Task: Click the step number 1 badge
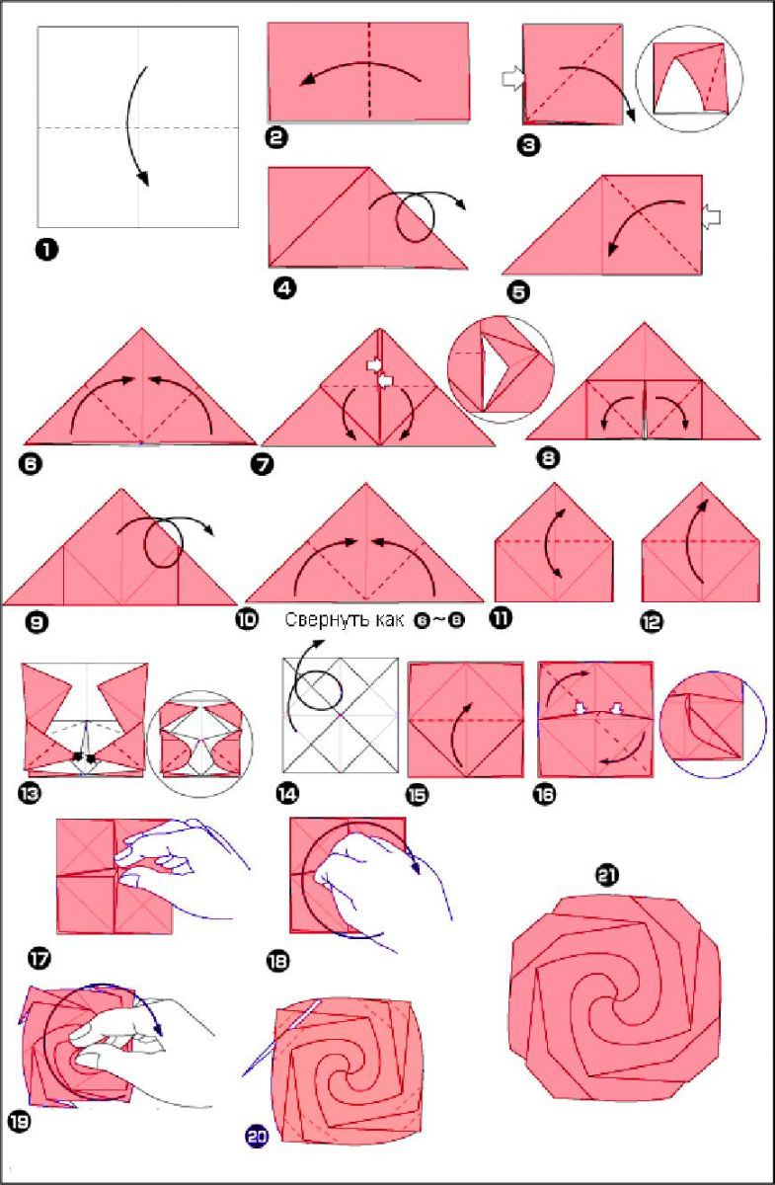pos(46,250)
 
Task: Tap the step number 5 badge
pos(518,292)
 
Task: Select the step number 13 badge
pos(31,794)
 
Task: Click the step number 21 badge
pos(607,875)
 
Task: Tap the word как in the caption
pos(390,619)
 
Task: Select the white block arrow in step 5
pos(711,217)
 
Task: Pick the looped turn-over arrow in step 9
pos(165,541)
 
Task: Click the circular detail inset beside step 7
pos(501,369)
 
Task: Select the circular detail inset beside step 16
pos(713,725)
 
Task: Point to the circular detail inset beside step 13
pos(200,744)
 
